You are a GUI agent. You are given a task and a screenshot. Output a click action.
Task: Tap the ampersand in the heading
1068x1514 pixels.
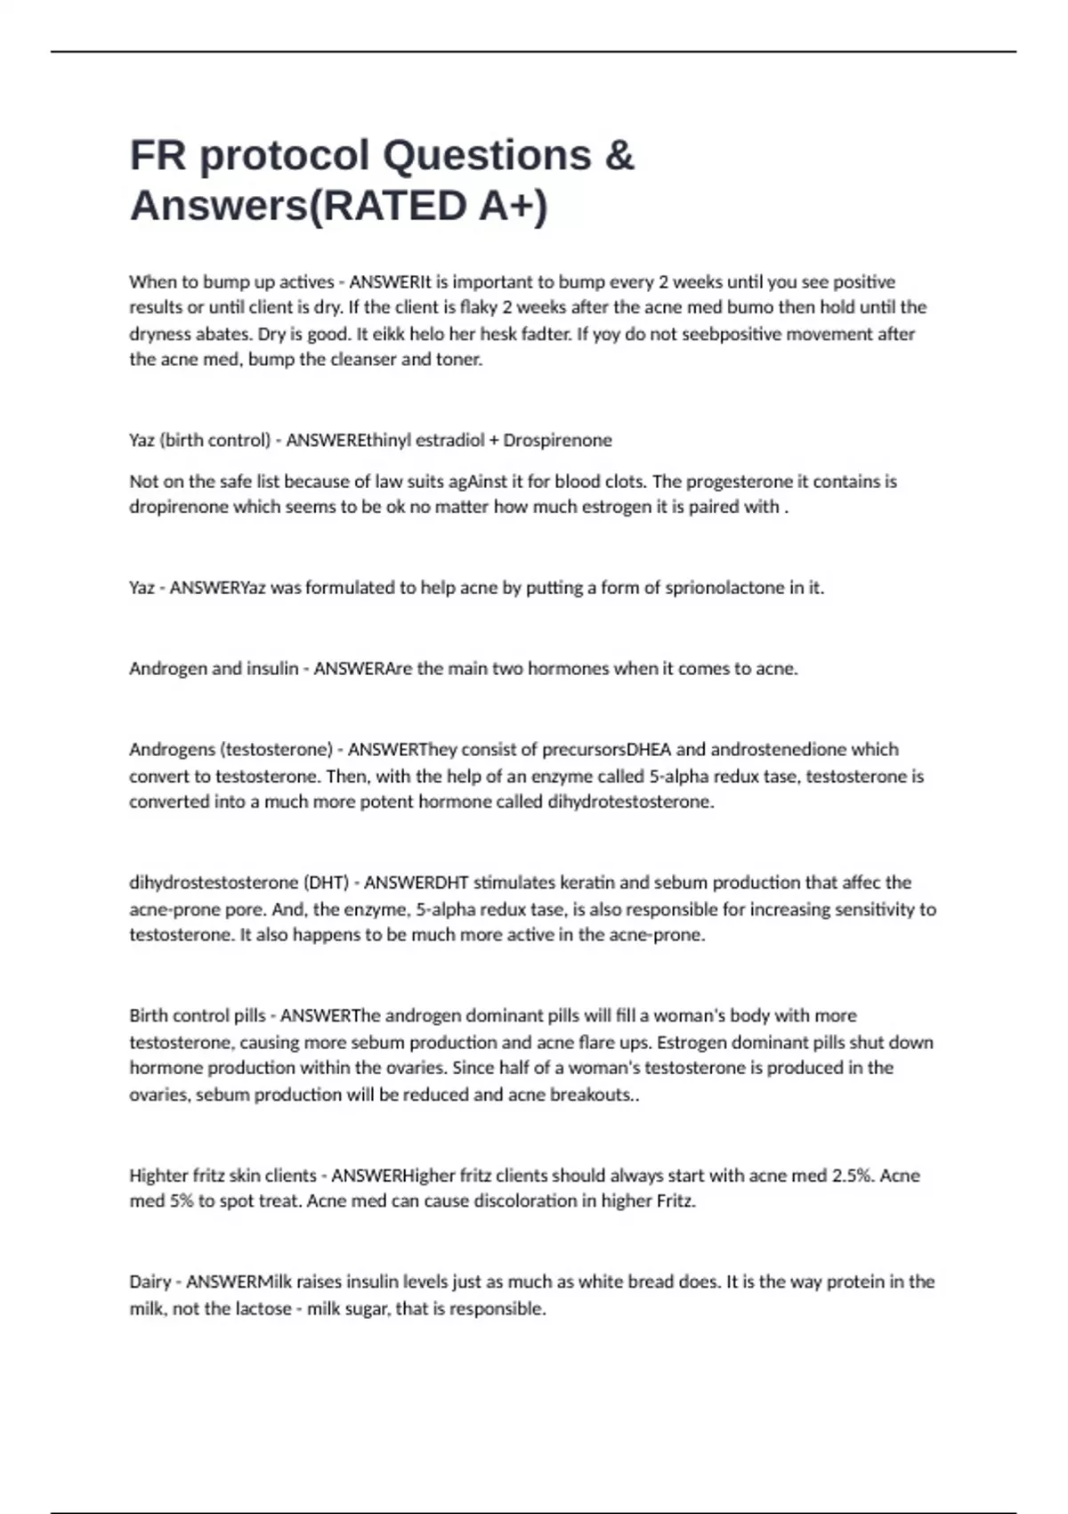point(619,156)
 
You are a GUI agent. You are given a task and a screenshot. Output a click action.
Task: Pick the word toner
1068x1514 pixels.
point(458,360)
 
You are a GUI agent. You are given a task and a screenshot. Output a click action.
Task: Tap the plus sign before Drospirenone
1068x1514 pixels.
point(494,440)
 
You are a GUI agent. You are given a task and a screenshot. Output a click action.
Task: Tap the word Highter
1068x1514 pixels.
point(158,1176)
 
